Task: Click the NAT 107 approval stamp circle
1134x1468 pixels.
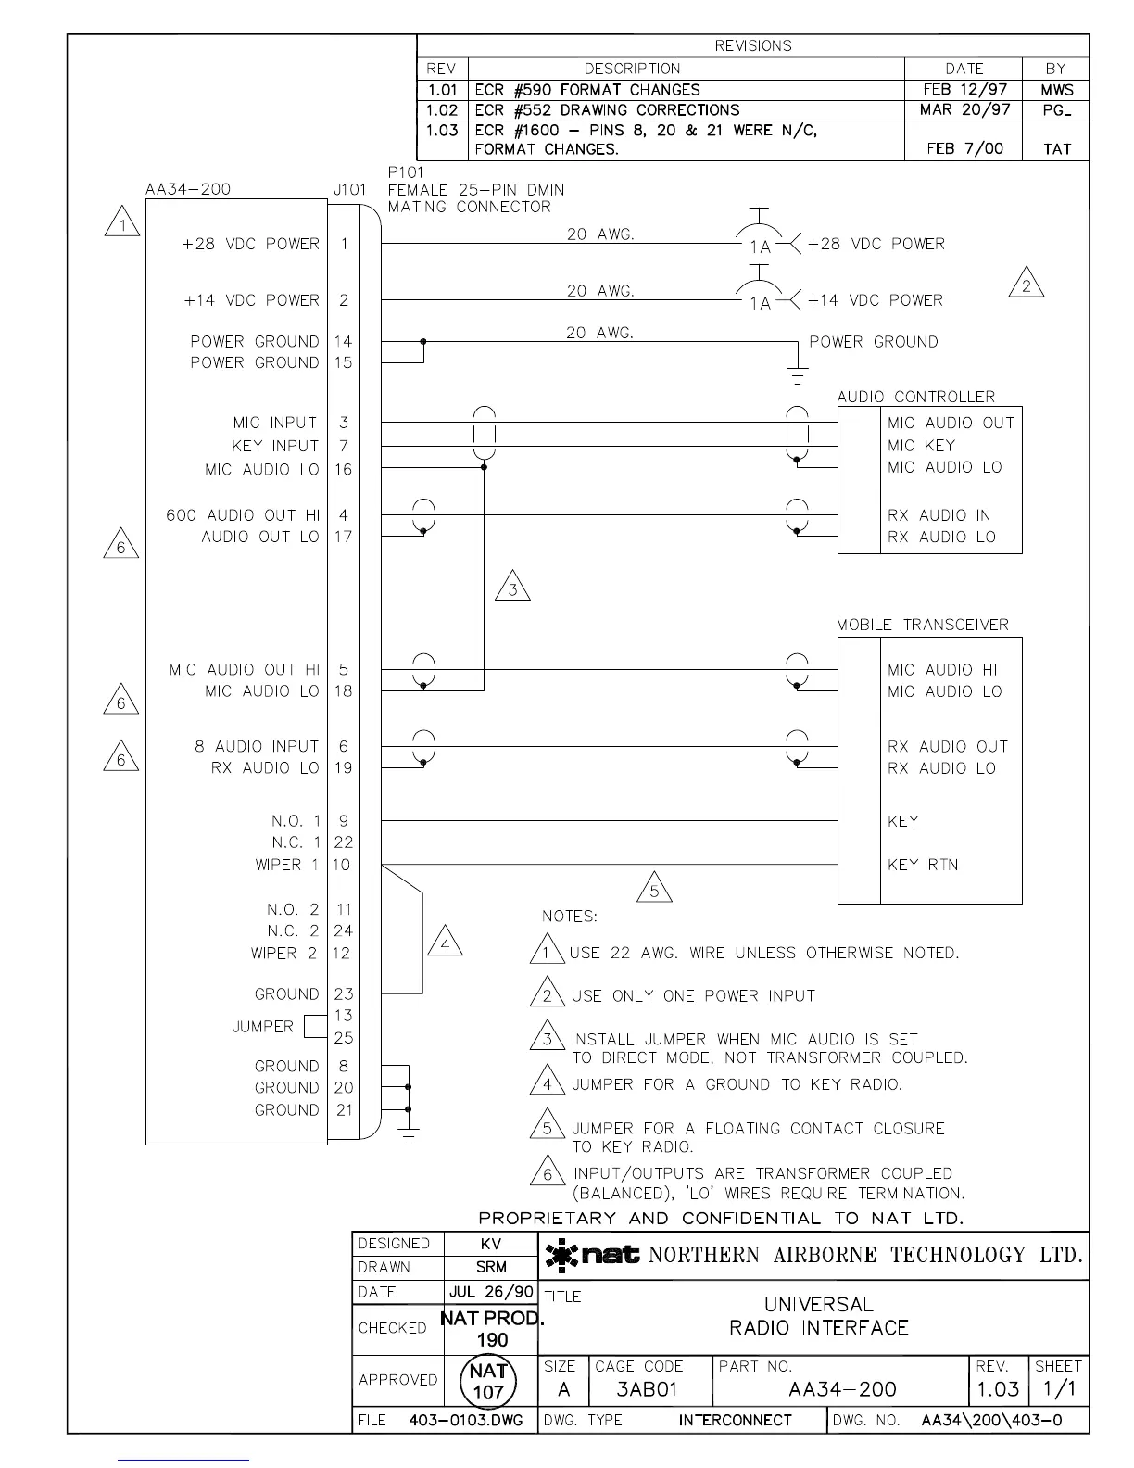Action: tap(488, 1381)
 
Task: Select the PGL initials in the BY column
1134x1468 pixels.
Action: tap(1056, 110)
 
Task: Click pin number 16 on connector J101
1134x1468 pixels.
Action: tap(344, 470)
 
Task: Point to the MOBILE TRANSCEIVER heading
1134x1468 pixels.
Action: tap(922, 625)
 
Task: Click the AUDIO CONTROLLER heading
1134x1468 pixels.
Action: tap(915, 397)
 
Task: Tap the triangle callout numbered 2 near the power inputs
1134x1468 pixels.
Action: tap(1026, 284)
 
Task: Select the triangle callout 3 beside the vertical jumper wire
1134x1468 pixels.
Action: tap(513, 588)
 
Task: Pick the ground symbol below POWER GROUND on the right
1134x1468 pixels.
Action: tap(797, 375)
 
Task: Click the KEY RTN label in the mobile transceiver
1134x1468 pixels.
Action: tap(923, 865)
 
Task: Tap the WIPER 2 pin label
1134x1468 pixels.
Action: tap(283, 953)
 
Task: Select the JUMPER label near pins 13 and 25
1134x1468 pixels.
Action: tap(262, 1027)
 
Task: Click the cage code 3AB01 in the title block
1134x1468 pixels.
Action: tap(647, 1389)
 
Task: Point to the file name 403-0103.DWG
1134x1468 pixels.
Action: tap(465, 1420)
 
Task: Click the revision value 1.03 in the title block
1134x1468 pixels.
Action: tap(997, 1389)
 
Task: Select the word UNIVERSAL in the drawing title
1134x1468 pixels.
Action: tap(818, 1305)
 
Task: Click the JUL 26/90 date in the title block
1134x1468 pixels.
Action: tap(491, 1292)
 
